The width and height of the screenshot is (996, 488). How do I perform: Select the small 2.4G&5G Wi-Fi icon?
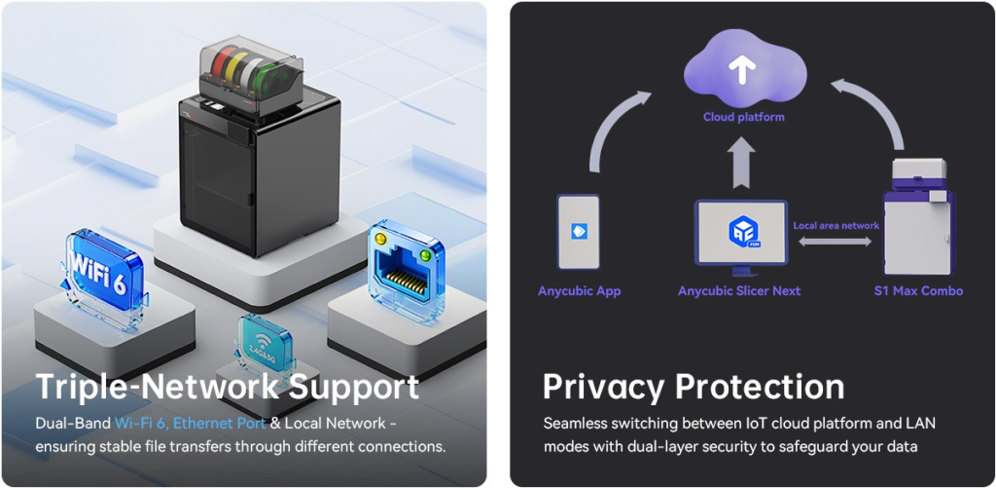pos(264,344)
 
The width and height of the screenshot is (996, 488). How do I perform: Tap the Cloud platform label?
pos(743,117)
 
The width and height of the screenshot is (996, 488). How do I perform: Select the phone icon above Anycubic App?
pos(579,231)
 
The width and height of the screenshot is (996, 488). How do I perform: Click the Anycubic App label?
pos(579,291)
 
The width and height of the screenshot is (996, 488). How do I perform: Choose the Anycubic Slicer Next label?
pos(739,291)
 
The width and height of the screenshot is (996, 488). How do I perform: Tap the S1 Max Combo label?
pos(917,291)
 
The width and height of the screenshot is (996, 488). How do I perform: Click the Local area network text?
pos(836,226)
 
